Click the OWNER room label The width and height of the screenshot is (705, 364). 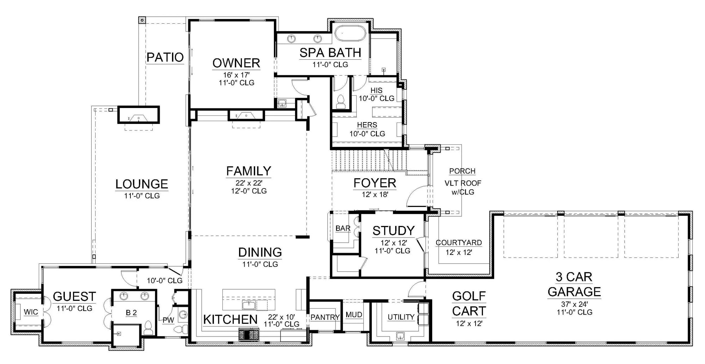pyautogui.click(x=236, y=63)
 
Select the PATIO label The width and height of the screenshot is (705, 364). pyautogui.click(x=165, y=57)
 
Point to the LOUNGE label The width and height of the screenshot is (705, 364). pyautogui.click(x=142, y=184)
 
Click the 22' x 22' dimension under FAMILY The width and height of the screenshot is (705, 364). pyautogui.click(x=249, y=183)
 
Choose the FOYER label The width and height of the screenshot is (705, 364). pyautogui.click(x=375, y=183)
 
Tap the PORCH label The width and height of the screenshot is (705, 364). pyautogui.click(x=462, y=171)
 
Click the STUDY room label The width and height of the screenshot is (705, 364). pyautogui.click(x=393, y=231)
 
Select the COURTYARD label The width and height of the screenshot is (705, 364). pyautogui.click(x=459, y=243)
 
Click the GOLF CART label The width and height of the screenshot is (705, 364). pyautogui.click(x=469, y=304)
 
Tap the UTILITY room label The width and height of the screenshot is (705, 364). pyautogui.click(x=401, y=317)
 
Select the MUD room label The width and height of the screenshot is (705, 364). pyautogui.click(x=354, y=315)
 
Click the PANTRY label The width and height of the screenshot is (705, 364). pyautogui.click(x=325, y=317)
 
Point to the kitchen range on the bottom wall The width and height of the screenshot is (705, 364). pyautogui.click(x=249, y=334)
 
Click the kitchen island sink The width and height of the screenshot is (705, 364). pyautogui.click(x=250, y=305)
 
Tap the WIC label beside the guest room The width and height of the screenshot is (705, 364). pyautogui.click(x=31, y=312)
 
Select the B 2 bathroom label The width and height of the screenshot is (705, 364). pyautogui.click(x=131, y=312)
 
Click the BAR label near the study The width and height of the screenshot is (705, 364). pyautogui.click(x=343, y=228)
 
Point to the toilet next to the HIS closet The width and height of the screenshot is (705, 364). pyautogui.click(x=341, y=101)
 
